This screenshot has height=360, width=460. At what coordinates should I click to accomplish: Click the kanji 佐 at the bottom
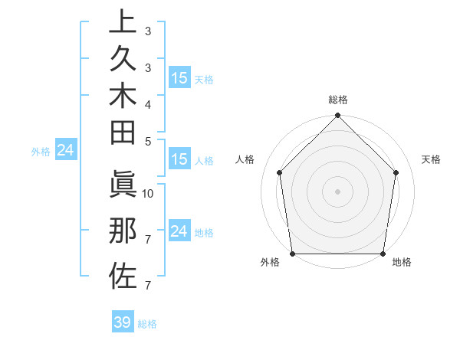[122, 273]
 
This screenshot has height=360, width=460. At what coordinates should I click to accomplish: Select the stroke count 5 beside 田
[148, 140]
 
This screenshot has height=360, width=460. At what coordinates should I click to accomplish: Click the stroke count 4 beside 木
[148, 103]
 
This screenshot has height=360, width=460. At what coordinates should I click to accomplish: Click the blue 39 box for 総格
[123, 322]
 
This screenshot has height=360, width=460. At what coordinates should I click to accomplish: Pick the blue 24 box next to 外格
[66, 151]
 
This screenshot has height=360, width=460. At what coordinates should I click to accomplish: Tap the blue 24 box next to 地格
[179, 231]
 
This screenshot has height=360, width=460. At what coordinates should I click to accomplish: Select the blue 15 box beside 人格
[179, 159]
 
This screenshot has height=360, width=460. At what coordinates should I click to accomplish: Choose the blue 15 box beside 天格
[179, 78]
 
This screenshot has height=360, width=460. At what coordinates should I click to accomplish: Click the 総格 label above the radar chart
[337, 100]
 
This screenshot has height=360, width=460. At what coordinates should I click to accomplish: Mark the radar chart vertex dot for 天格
[396, 172]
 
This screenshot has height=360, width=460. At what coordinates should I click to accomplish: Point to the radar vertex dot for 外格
[292, 254]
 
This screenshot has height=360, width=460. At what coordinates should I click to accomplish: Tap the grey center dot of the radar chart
[337, 191]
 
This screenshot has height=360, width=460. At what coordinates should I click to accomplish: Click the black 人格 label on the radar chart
[245, 159]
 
